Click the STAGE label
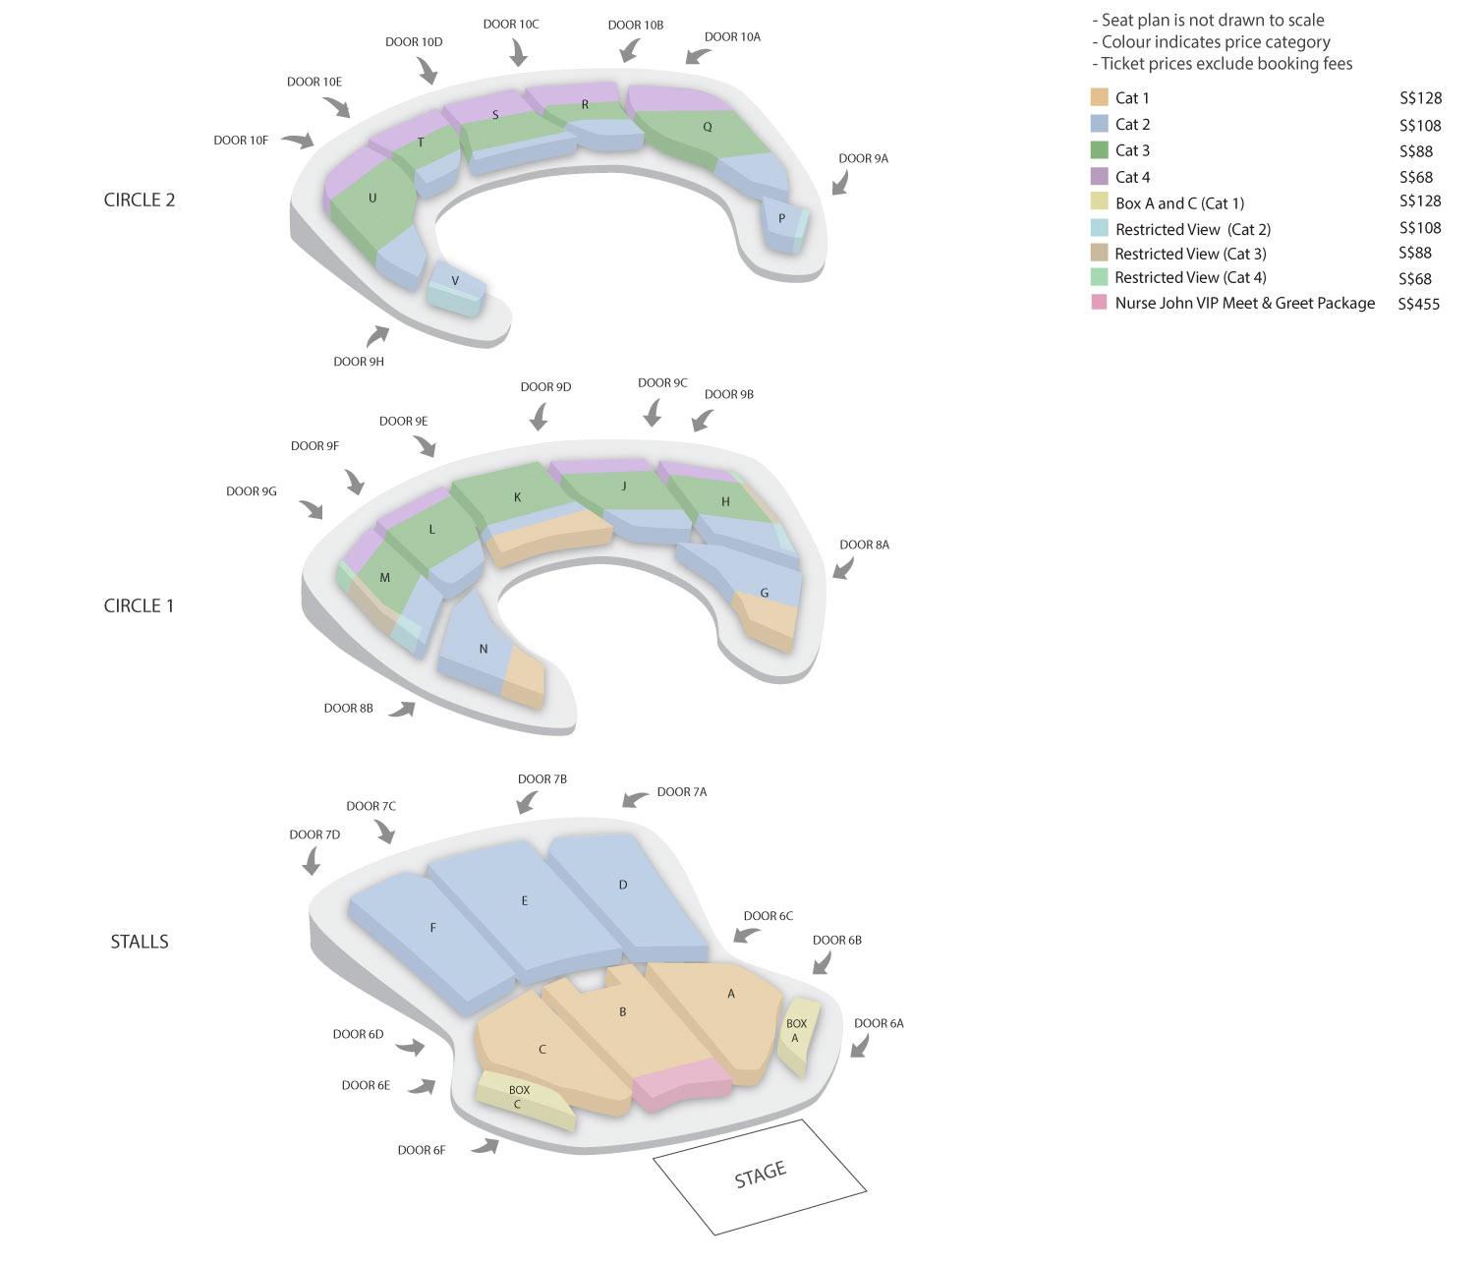(x=760, y=1175)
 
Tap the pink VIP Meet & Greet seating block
(x=682, y=1084)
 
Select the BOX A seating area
(x=797, y=1036)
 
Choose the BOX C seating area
(x=524, y=1100)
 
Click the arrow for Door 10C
(x=518, y=52)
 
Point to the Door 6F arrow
(x=486, y=1146)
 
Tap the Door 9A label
(x=863, y=158)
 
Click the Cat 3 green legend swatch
(x=1099, y=150)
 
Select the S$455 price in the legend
(x=1418, y=304)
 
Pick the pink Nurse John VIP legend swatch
(x=1099, y=302)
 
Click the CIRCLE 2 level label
(x=140, y=201)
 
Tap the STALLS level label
(x=140, y=942)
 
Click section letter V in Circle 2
(x=455, y=281)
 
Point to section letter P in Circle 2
(x=781, y=218)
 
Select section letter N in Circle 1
(x=484, y=649)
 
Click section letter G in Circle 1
(x=765, y=593)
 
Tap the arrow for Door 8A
(x=843, y=569)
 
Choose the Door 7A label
(x=682, y=792)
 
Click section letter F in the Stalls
(x=433, y=928)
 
